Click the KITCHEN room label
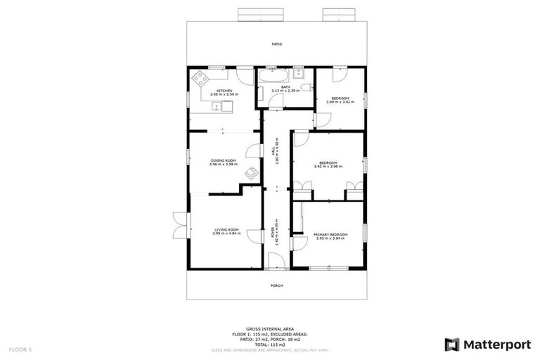[224, 91]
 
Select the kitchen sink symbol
[219, 107]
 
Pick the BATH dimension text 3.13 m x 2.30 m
[285, 91]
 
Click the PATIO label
[277, 44]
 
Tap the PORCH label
[277, 285]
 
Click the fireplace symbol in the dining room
[251, 172]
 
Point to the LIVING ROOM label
[226, 229]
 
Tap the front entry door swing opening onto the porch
[276, 262]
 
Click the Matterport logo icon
[452, 345]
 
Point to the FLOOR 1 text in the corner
[20, 349]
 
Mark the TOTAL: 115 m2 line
[269, 345]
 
